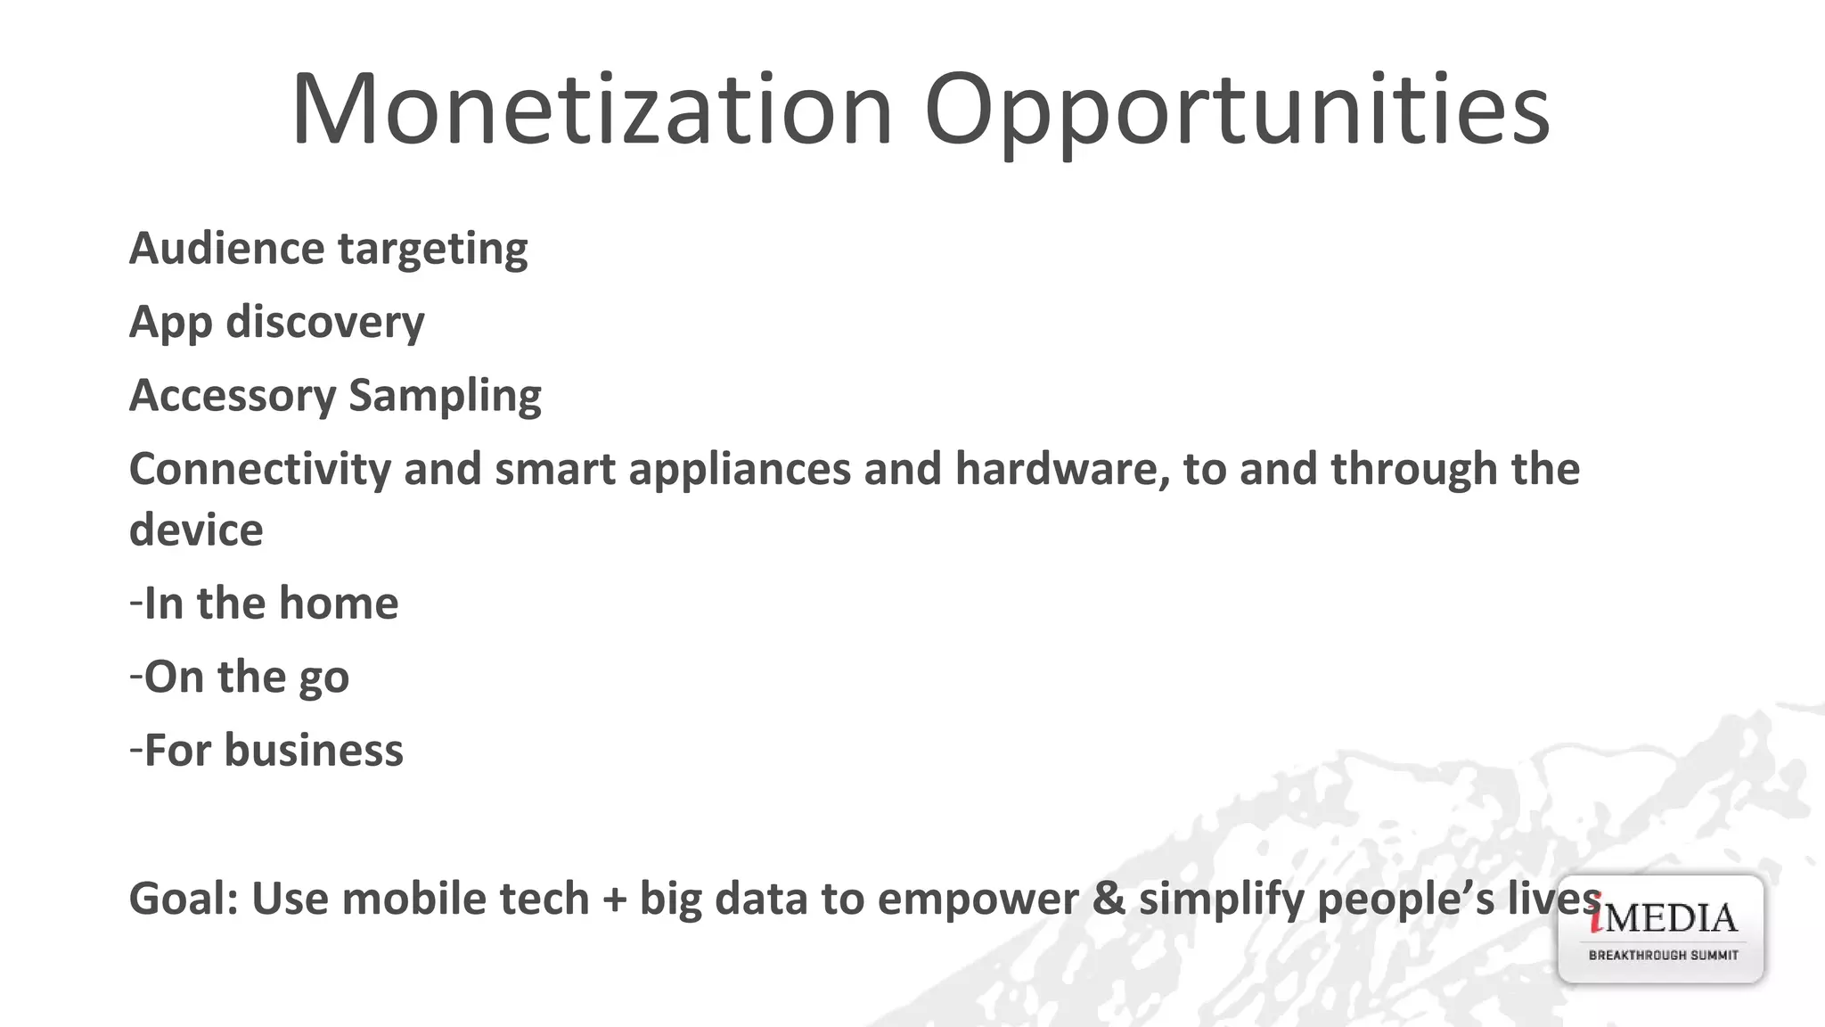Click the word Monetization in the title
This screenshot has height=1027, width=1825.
(x=592, y=109)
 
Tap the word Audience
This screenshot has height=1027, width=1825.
(x=226, y=248)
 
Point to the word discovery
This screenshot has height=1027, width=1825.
(x=325, y=322)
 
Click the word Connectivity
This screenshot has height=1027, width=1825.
(x=259, y=470)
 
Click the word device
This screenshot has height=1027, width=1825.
(x=196, y=530)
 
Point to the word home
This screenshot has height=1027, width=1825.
(x=339, y=604)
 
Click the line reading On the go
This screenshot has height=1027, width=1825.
(x=239, y=678)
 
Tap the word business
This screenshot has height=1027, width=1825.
(x=314, y=751)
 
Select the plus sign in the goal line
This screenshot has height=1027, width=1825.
(x=614, y=899)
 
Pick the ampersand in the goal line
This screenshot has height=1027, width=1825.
(x=1109, y=899)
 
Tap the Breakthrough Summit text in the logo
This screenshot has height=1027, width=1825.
(x=1663, y=956)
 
